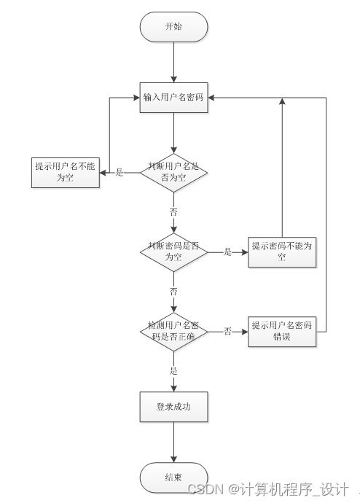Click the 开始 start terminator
[174, 26]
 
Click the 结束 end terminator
[174, 477]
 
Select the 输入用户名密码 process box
[174, 98]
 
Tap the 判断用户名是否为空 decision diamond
[174, 172]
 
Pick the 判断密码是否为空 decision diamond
[174, 251]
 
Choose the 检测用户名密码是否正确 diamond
[174, 331]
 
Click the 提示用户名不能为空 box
[64, 172]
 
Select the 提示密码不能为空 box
[281, 251]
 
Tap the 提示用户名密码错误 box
[281, 331]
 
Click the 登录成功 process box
[174, 407]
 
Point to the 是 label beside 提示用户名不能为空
[120, 173]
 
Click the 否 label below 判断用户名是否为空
[173, 211]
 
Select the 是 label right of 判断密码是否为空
[227, 252]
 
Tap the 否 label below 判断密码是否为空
[173, 291]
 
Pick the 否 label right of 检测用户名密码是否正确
[227, 332]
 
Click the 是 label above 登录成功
[173, 370]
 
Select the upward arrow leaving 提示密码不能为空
[281, 168]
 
